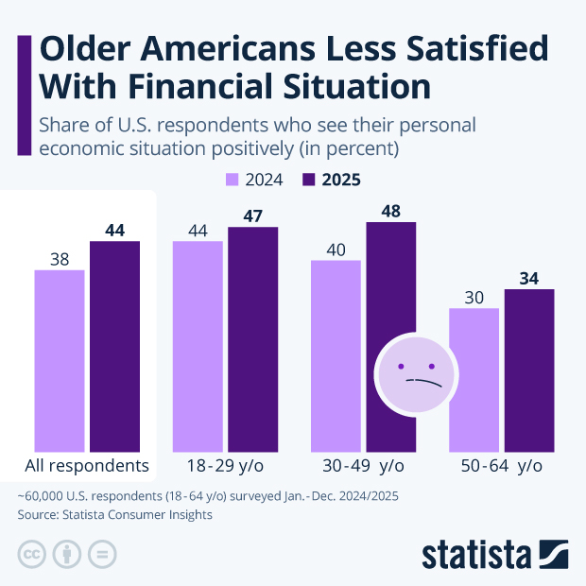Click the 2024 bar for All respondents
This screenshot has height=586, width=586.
tap(60, 361)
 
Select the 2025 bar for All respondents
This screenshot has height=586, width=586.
tap(114, 347)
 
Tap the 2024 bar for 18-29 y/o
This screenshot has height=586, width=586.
tap(198, 347)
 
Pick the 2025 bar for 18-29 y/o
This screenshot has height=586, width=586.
tap(252, 339)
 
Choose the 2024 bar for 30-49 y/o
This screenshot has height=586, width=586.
tap(336, 356)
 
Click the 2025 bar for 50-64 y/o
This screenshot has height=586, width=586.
tap(529, 371)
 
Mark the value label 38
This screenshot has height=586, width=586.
tap(60, 258)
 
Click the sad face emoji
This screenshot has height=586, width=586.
tap(416, 376)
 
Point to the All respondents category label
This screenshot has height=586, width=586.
tap(87, 465)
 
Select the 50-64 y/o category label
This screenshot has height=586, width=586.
tap(501, 465)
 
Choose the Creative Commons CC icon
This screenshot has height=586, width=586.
tap(32, 554)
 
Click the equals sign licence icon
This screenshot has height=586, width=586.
tap(102, 554)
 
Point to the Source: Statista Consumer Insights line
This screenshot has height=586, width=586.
tap(114, 514)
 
